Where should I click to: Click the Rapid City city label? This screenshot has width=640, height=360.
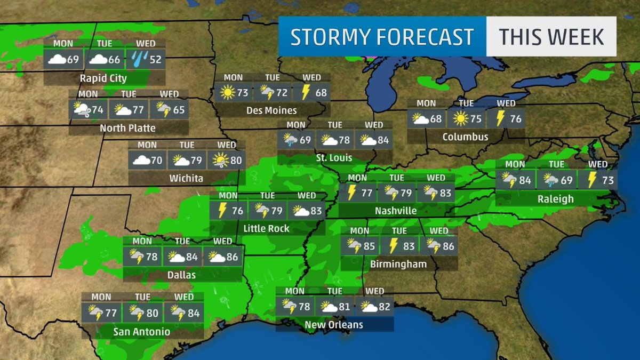click(103, 78)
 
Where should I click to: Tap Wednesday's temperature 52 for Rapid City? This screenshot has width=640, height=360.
click(155, 59)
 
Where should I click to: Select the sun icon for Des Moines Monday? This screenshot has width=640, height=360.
click(227, 93)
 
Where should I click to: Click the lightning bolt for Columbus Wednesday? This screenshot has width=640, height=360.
click(500, 118)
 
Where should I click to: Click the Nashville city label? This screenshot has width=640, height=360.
click(396, 211)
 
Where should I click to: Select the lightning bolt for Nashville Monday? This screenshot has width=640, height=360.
click(351, 193)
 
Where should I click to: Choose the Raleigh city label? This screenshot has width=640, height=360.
click(556, 199)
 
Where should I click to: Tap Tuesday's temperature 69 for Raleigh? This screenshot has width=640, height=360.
click(566, 180)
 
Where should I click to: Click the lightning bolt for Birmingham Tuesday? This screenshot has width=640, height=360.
click(393, 246)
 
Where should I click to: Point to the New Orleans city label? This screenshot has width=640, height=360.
click(334, 324)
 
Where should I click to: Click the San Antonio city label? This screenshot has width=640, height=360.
click(142, 332)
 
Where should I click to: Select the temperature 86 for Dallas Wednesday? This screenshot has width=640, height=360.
click(232, 258)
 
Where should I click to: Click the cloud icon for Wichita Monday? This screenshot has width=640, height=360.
click(141, 159)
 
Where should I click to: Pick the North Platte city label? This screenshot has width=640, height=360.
click(128, 128)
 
